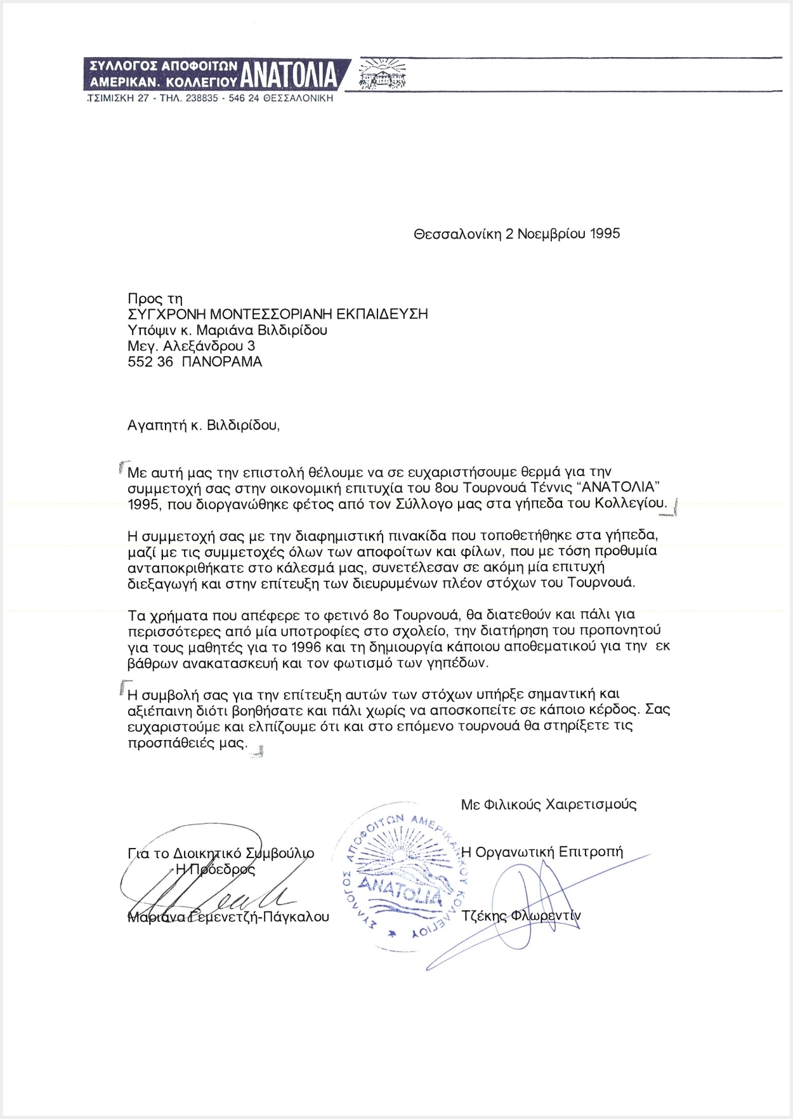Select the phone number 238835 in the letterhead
point(202,98)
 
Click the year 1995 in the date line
point(605,234)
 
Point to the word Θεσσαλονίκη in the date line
point(457,234)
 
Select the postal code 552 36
point(150,362)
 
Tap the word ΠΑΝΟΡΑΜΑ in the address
point(221,362)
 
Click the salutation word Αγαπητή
point(157,425)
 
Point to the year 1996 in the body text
point(306,647)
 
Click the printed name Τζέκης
point(484,916)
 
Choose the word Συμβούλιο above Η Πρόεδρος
point(280,854)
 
